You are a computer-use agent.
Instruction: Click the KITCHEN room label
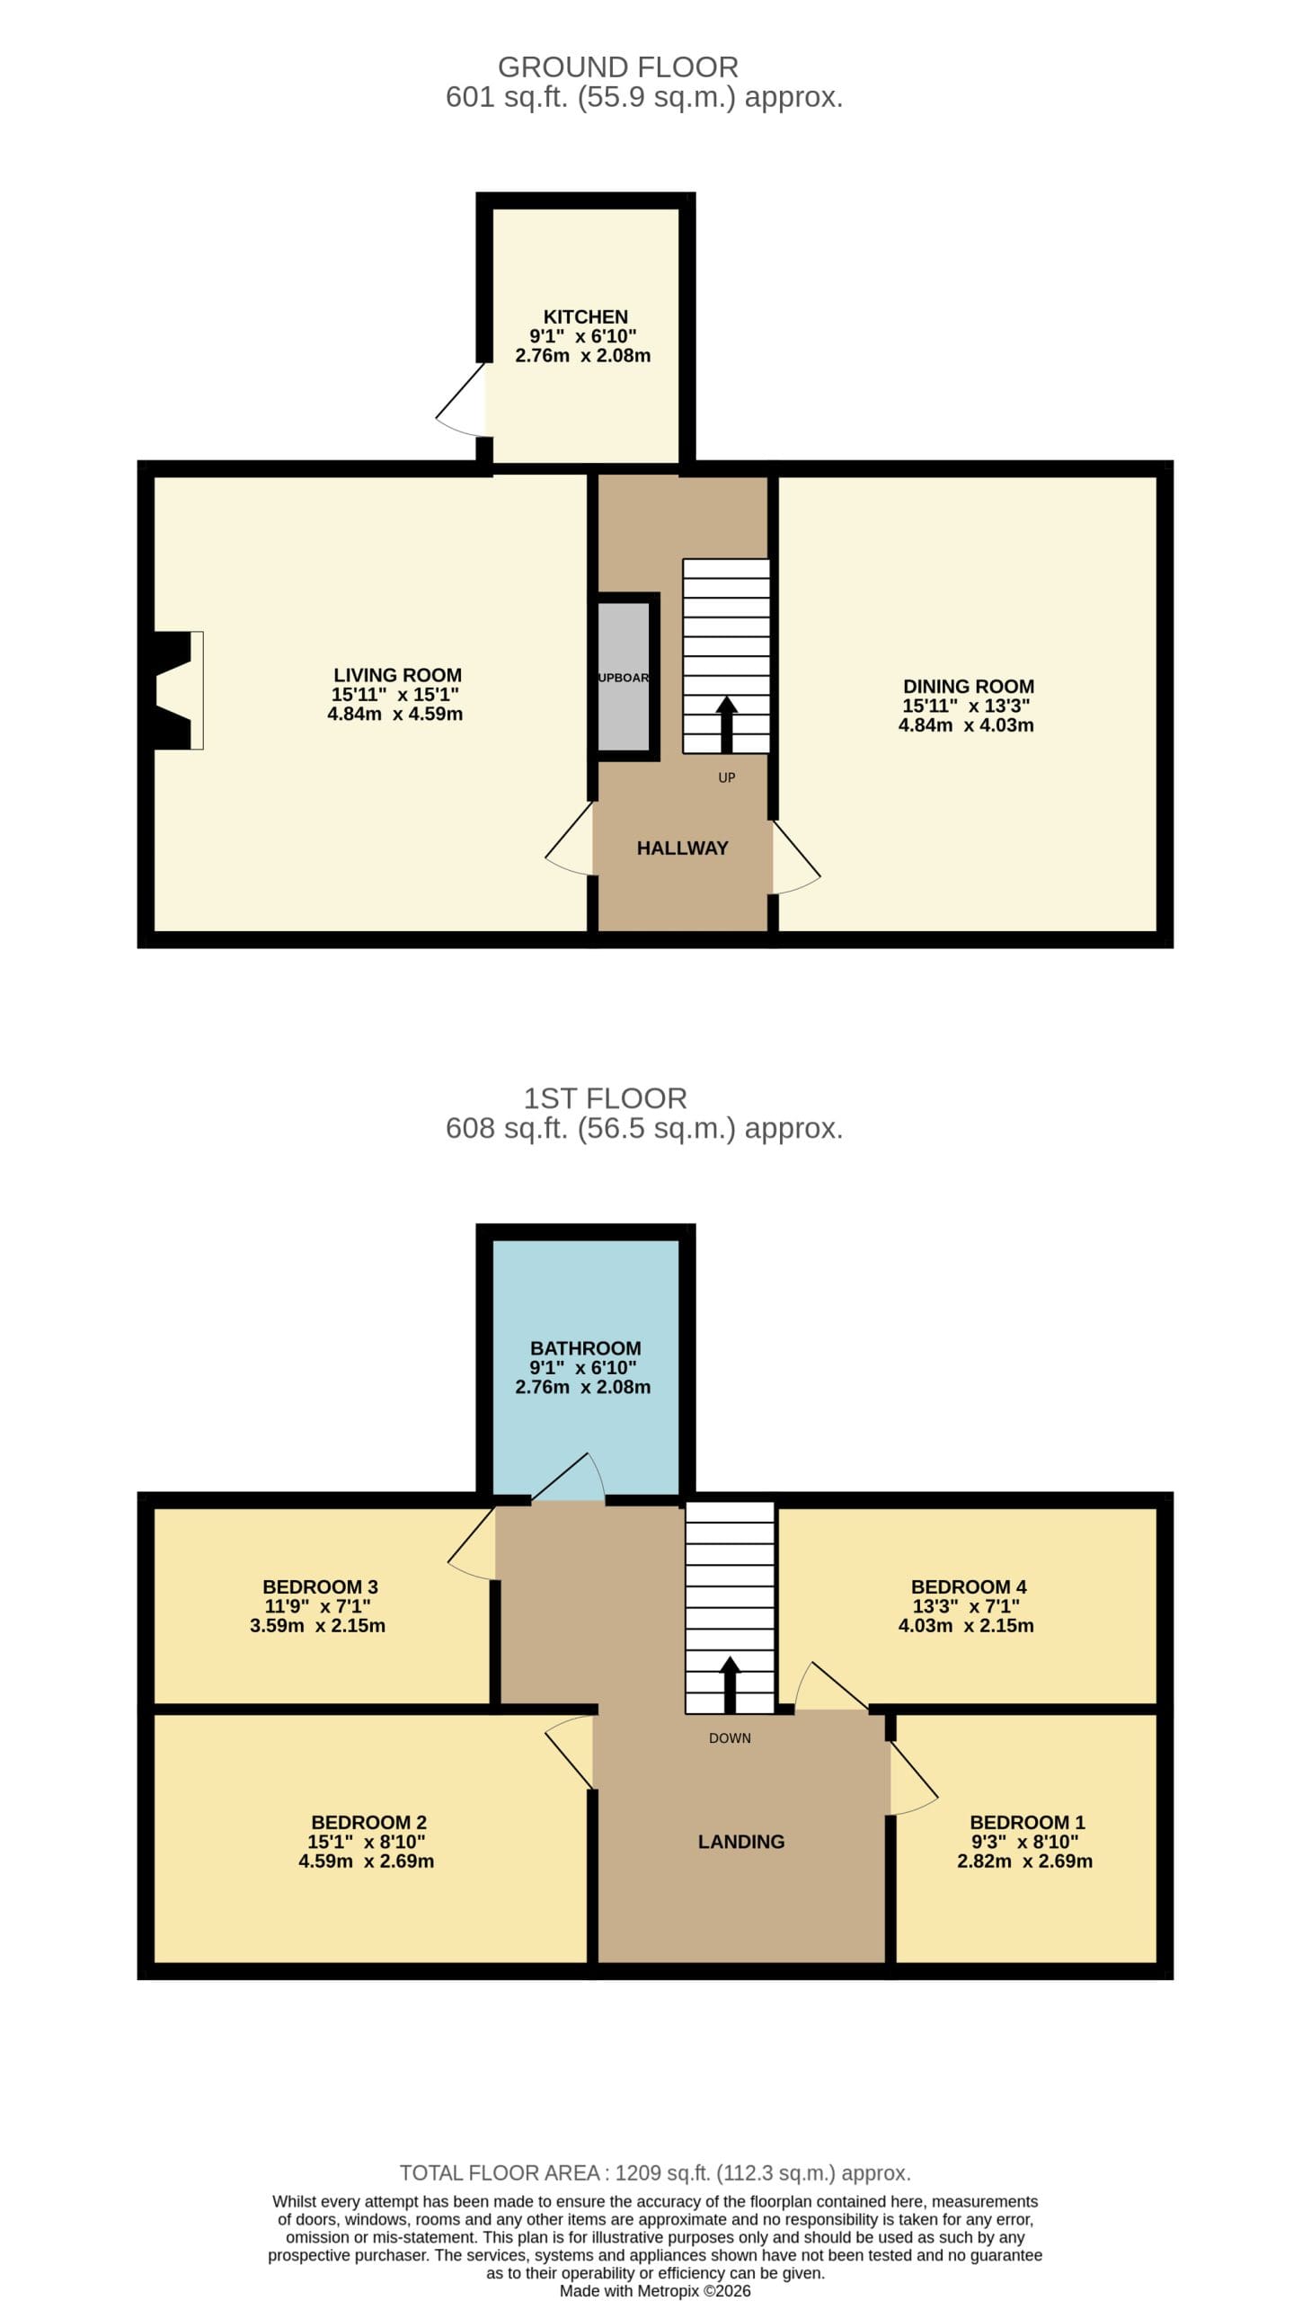[585, 317]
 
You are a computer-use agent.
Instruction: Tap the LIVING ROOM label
[397, 675]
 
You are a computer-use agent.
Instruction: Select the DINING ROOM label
[968, 686]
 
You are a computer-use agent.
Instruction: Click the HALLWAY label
[683, 848]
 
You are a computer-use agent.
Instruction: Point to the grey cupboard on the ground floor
[624, 677]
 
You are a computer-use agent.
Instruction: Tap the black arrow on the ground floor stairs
[727, 724]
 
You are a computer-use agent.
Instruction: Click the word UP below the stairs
[727, 777]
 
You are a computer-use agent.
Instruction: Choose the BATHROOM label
[585, 1348]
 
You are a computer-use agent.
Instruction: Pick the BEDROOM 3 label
[320, 1586]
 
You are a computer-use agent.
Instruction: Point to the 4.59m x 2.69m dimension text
[367, 1861]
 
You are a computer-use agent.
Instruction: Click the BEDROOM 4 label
[968, 1586]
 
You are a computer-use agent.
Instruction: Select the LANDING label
[741, 1842]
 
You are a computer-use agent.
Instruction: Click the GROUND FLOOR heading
[617, 67]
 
